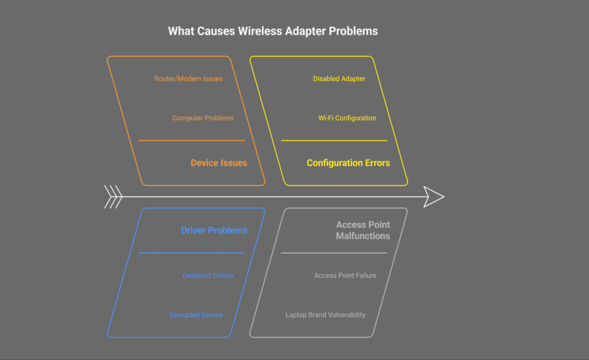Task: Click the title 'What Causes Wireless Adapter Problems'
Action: pyautogui.click(x=273, y=31)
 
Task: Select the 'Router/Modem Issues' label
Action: pyautogui.click(x=188, y=79)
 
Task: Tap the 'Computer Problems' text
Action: pyautogui.click(x=203, y=118)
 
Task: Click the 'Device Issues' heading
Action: pyautogui.click(x=219, y=163)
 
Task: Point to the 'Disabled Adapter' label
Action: pyautogui.click(x=339, y=79)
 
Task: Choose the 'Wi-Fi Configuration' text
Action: pyautogui.click(x=347, y=118)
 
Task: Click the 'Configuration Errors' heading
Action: pyautogui.click(x=348, y=163)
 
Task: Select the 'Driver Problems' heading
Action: pyautogui.click(x=214, y=230)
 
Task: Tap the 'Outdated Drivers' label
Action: pyautogui.click(x=208, y=275)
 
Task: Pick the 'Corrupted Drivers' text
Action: pyautogui.click(x=196, y=315)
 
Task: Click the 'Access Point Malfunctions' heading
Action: pyautogui.click(x=362, y=230)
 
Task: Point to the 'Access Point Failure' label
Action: pyautogui.click(x=345, y=275)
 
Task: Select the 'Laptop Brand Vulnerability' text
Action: pyautogui.click(x=325, y=315)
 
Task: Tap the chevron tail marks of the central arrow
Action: pyautogui.click(x=113, y=197)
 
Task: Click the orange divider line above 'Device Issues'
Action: pyautogui.click(x=191, y=140)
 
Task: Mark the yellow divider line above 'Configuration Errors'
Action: pyautogui.click(x=334, y=140)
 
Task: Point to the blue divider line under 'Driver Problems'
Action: pyautogui.click(x=191, y=253)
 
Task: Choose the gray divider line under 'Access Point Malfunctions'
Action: pyautogui.click(x=334, y=253)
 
